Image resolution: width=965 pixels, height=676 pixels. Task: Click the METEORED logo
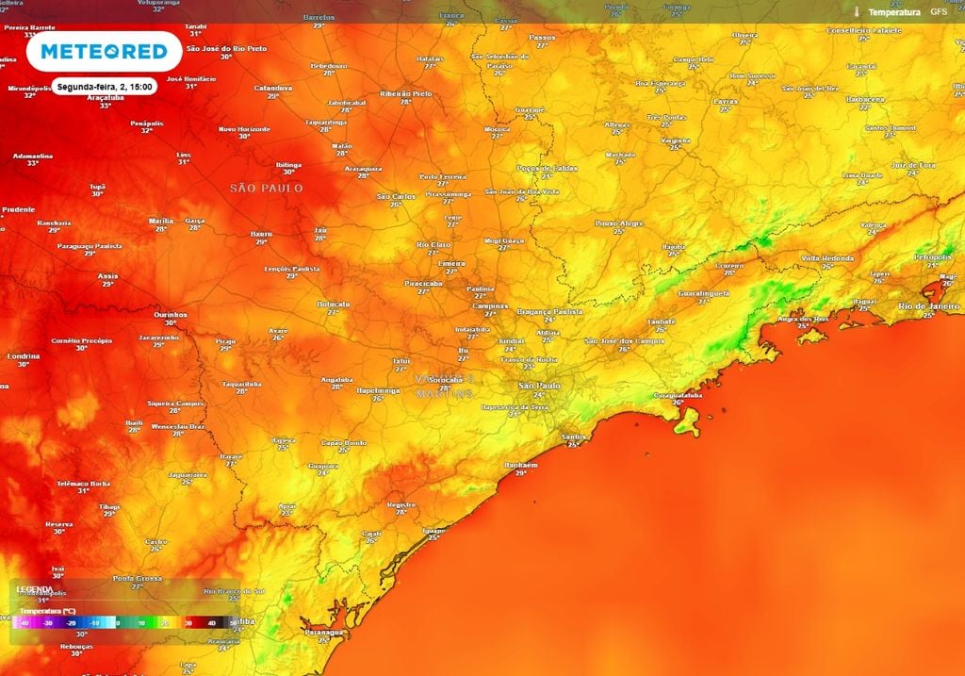[x=104, y=52]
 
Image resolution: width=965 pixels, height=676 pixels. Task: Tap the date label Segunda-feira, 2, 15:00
[x=103, y=86]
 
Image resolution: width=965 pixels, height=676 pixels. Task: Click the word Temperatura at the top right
[x=893, y=12]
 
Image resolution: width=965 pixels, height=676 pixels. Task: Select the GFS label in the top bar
[x=939, y=12]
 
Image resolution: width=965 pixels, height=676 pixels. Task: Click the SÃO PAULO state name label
[x=267, y=189]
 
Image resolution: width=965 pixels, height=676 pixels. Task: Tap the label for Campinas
[x=491, y=306]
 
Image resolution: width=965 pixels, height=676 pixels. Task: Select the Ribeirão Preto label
[x=405, y=94]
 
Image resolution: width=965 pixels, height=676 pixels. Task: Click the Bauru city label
[x=261, y=234]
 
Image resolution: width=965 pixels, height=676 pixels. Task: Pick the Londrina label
[x=23, y=356]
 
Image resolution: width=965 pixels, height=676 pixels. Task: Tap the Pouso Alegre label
[x=618, y=223]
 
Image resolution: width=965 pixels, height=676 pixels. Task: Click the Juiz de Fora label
[x=913, y=165]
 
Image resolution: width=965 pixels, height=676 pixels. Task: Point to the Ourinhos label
[x=170, y=315]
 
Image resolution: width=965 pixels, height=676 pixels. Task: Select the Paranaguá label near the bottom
[x=322, y=633]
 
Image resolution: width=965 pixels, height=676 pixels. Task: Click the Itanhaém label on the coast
[x=521, y=465]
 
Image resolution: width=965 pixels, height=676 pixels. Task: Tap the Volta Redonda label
[x=827, y=258]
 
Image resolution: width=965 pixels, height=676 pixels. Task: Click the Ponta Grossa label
[x=138, y=578]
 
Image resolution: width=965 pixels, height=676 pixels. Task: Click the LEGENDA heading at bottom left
[x=34, y=589]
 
